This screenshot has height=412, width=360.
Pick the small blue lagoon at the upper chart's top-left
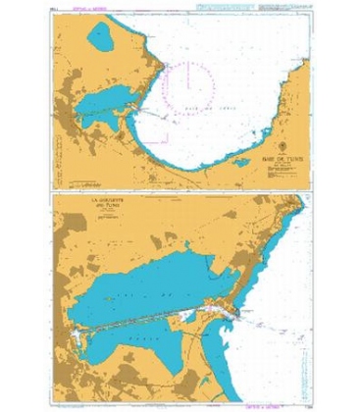point(101,37)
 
